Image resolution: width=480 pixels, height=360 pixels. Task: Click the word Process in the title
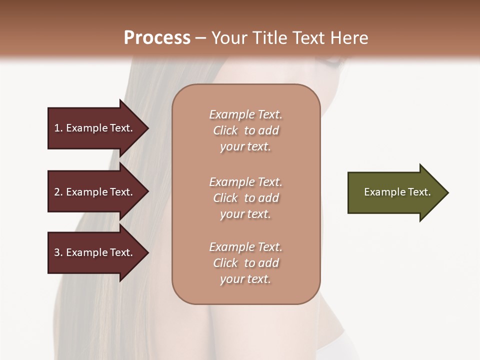(x=157, y=38)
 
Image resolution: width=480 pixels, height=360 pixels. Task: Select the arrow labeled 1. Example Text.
(x=95, y=128)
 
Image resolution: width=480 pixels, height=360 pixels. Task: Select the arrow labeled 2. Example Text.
(x=95, y=192)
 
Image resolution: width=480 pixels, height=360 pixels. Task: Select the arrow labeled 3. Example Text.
(x=95, y=252)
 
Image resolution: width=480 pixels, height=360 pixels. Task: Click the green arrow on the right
(x=395, y=192)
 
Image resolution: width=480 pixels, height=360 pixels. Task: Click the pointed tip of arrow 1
(x=147, y=128)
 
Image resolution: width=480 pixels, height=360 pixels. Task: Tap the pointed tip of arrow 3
(x=147, y=252)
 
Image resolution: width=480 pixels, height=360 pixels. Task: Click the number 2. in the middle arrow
(x=58, y=192)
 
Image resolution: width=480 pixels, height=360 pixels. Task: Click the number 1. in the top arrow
(x=58, y=128)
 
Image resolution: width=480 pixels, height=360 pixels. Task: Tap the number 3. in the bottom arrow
(x=58, y=252)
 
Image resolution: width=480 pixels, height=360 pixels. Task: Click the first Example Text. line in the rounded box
(x=245, y=114)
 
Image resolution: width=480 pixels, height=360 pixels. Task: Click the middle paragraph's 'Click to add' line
(x=245, y=198)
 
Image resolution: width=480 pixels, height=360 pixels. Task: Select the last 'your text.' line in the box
(x=245, y=279)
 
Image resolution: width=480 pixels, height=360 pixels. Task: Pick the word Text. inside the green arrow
(x=419, y=192)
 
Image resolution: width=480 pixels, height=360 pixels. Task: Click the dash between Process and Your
(x=200, y=38)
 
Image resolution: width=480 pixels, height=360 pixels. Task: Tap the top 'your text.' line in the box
(x=245, y=147)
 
